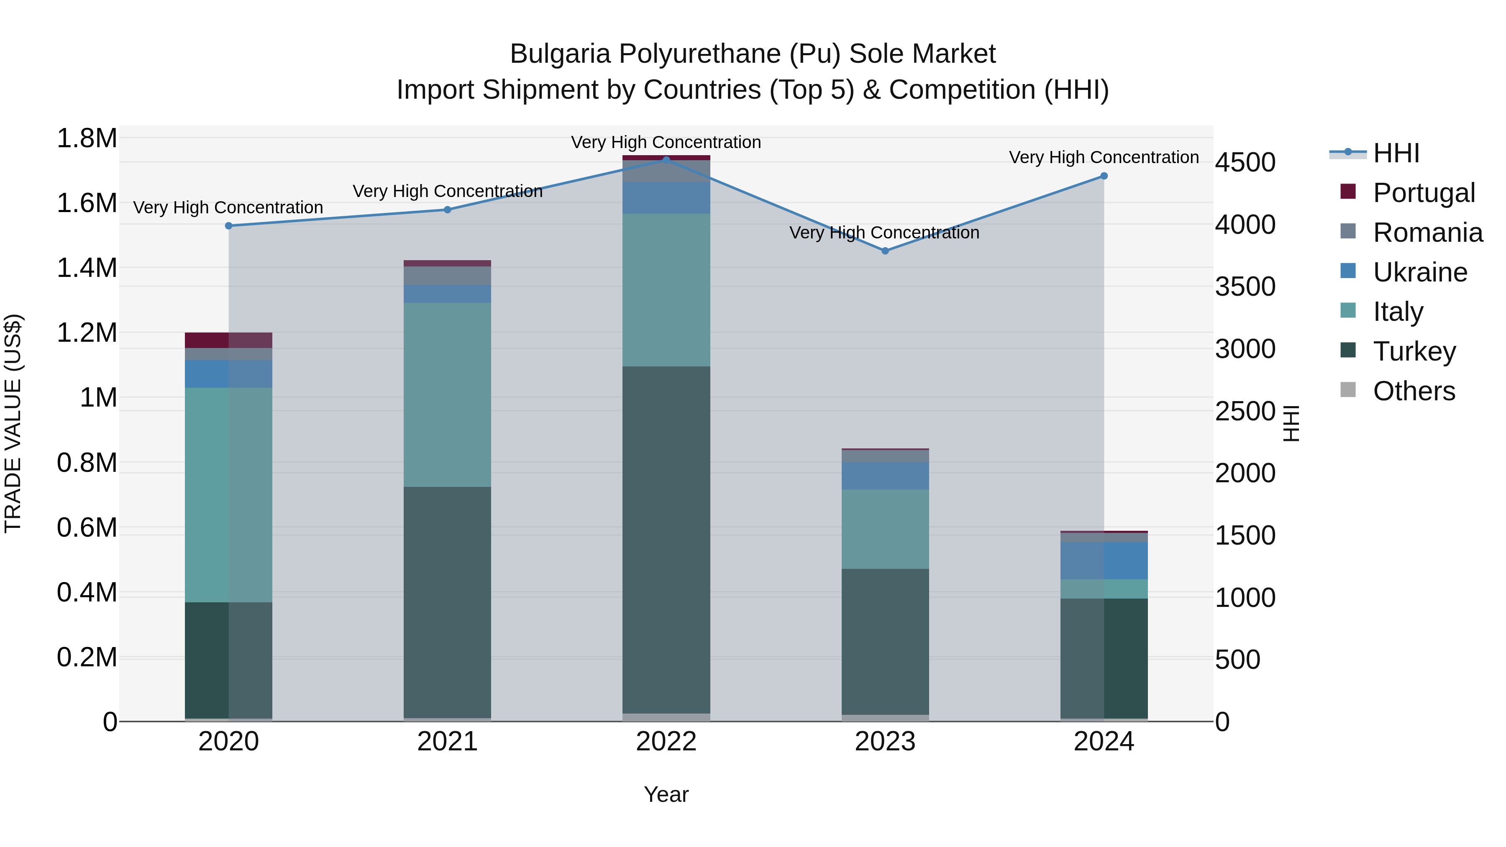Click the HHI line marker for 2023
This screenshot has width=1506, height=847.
click(x=885, y=251)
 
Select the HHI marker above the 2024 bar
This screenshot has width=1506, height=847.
click(x=1104, y=176)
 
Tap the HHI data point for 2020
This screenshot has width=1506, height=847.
click(x=228, y=225)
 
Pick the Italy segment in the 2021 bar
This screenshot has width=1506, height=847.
click(x=447, y=394)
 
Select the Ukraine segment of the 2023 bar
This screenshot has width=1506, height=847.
click(x=885, y=476)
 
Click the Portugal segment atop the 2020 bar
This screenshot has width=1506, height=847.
click(x=228, y=340)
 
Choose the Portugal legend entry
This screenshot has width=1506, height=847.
click(x=1424, y=193)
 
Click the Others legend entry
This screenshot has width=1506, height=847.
click(x=1414, y=391)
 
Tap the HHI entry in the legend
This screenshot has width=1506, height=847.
click(x=1396, y=153)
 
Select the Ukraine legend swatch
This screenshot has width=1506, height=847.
click(x=1347, y=271)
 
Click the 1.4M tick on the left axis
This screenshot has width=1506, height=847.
click(x=87, y=268)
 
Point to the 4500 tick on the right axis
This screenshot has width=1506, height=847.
click(x=1245, y=163)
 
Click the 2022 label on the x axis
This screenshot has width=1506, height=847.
click(x=666, y=742)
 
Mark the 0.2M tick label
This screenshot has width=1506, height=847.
click(x=87, y=657)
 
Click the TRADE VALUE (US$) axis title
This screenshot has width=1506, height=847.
click(x=13, y=423)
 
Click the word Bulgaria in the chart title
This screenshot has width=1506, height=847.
click(x=560, y=54)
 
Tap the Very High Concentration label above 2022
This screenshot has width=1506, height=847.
click(x=666, y=142)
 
